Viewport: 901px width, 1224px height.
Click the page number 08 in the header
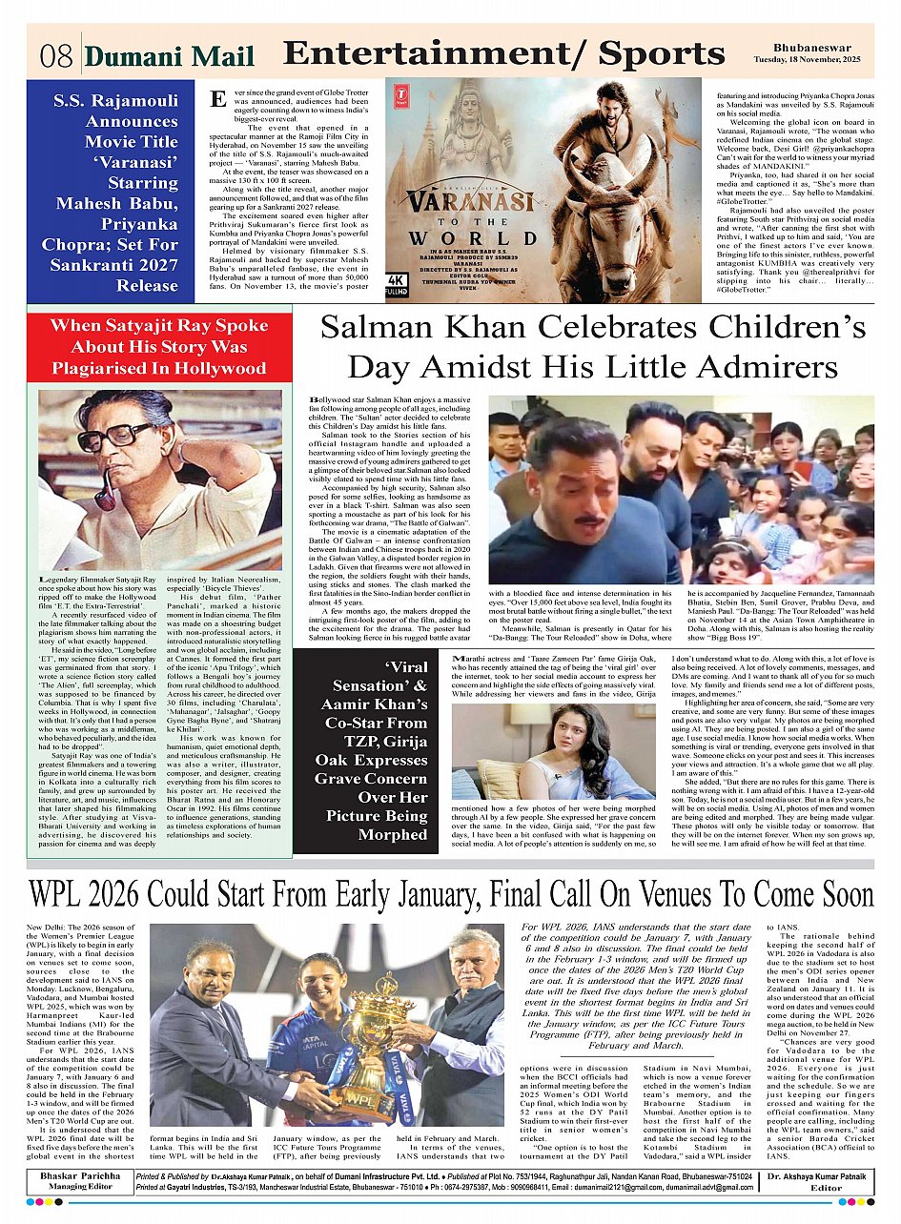(x=56, y=56)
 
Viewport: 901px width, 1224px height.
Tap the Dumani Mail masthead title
(x=170, y=57)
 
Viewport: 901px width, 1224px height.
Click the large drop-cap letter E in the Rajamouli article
(x=218, y=98)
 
